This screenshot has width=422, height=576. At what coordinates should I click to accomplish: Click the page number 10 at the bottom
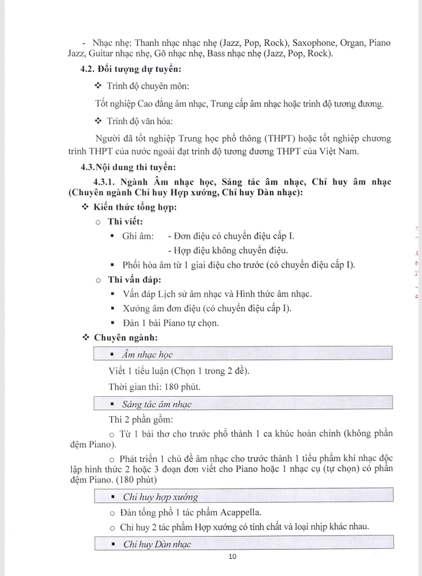click(x=232, y=557)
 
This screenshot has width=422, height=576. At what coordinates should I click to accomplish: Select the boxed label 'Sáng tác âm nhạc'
click(x=156, y=404)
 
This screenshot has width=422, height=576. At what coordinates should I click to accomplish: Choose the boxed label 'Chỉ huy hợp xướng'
click(x=160, y=497)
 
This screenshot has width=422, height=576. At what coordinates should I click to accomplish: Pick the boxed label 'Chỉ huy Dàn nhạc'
click(x=157, y=544)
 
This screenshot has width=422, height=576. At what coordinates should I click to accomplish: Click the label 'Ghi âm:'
click(x=138, y=236)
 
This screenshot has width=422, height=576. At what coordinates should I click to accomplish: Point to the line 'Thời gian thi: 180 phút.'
click(x=155, y=387)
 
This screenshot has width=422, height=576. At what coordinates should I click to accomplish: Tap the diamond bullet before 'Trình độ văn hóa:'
click(x=98, y=122)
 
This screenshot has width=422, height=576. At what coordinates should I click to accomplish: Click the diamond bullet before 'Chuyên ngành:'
click(x=85, y=337)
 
